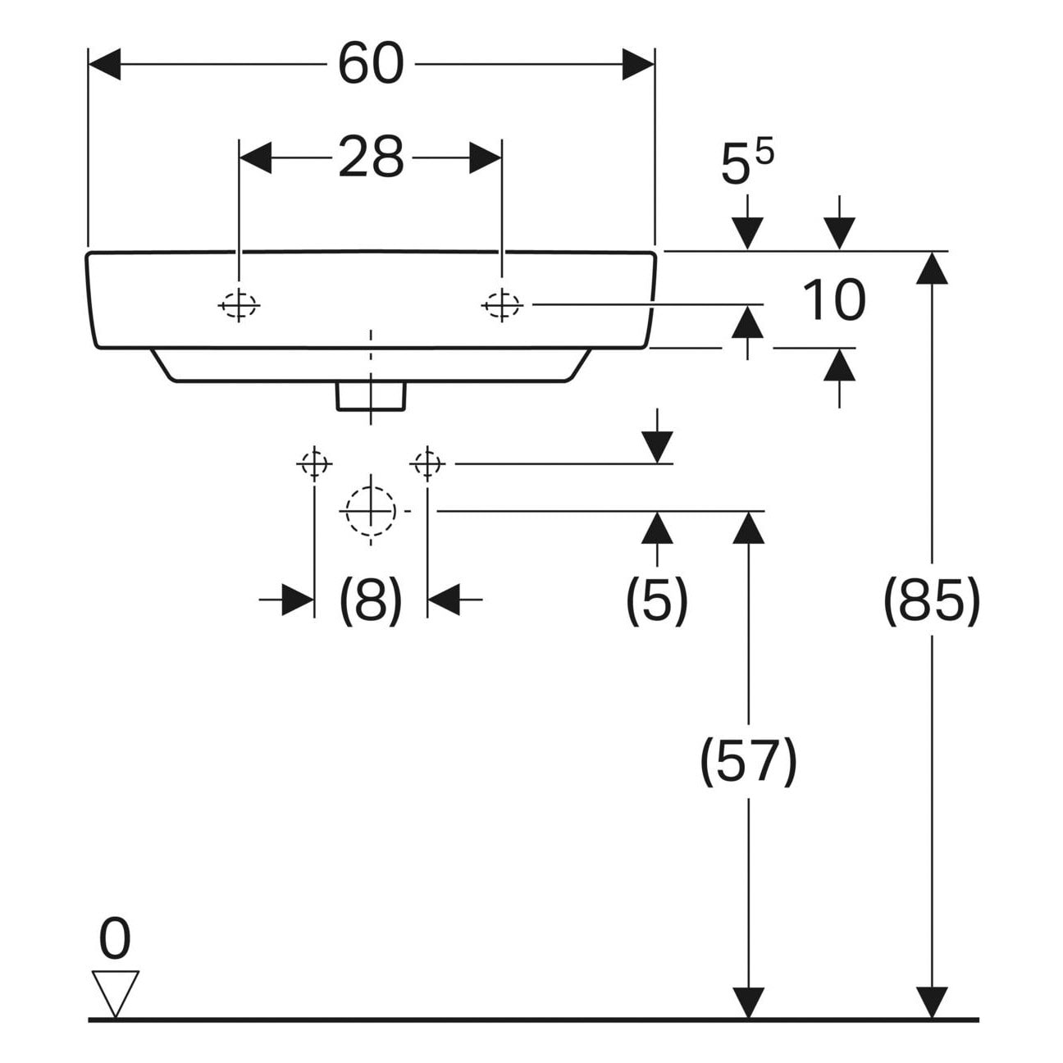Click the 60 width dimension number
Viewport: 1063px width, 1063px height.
[371, 65]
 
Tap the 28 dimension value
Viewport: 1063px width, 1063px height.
[371, 157]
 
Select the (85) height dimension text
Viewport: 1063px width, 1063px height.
[932, 600]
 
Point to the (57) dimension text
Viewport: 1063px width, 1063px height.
[748, 761]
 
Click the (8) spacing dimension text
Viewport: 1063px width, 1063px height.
[370, 600]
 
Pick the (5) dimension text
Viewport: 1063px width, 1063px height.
[656, 600]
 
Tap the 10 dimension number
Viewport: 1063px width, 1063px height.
[833, 300]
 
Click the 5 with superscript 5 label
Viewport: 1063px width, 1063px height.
[747, 163]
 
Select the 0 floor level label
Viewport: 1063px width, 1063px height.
[115, 938]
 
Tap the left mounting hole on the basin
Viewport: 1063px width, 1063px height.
[239, 304]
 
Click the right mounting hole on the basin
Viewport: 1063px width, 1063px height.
[502, 304]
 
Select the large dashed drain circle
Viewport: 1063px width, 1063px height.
[371, 511]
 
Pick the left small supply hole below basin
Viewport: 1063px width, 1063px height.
[314, 464]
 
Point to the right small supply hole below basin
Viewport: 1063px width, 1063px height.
[427, 464]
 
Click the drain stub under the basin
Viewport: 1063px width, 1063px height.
[371, 396]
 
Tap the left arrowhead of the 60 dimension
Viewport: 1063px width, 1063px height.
[104, 64]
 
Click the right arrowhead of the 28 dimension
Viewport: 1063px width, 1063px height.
[486, 157]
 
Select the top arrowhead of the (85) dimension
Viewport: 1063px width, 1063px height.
[932, 267]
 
